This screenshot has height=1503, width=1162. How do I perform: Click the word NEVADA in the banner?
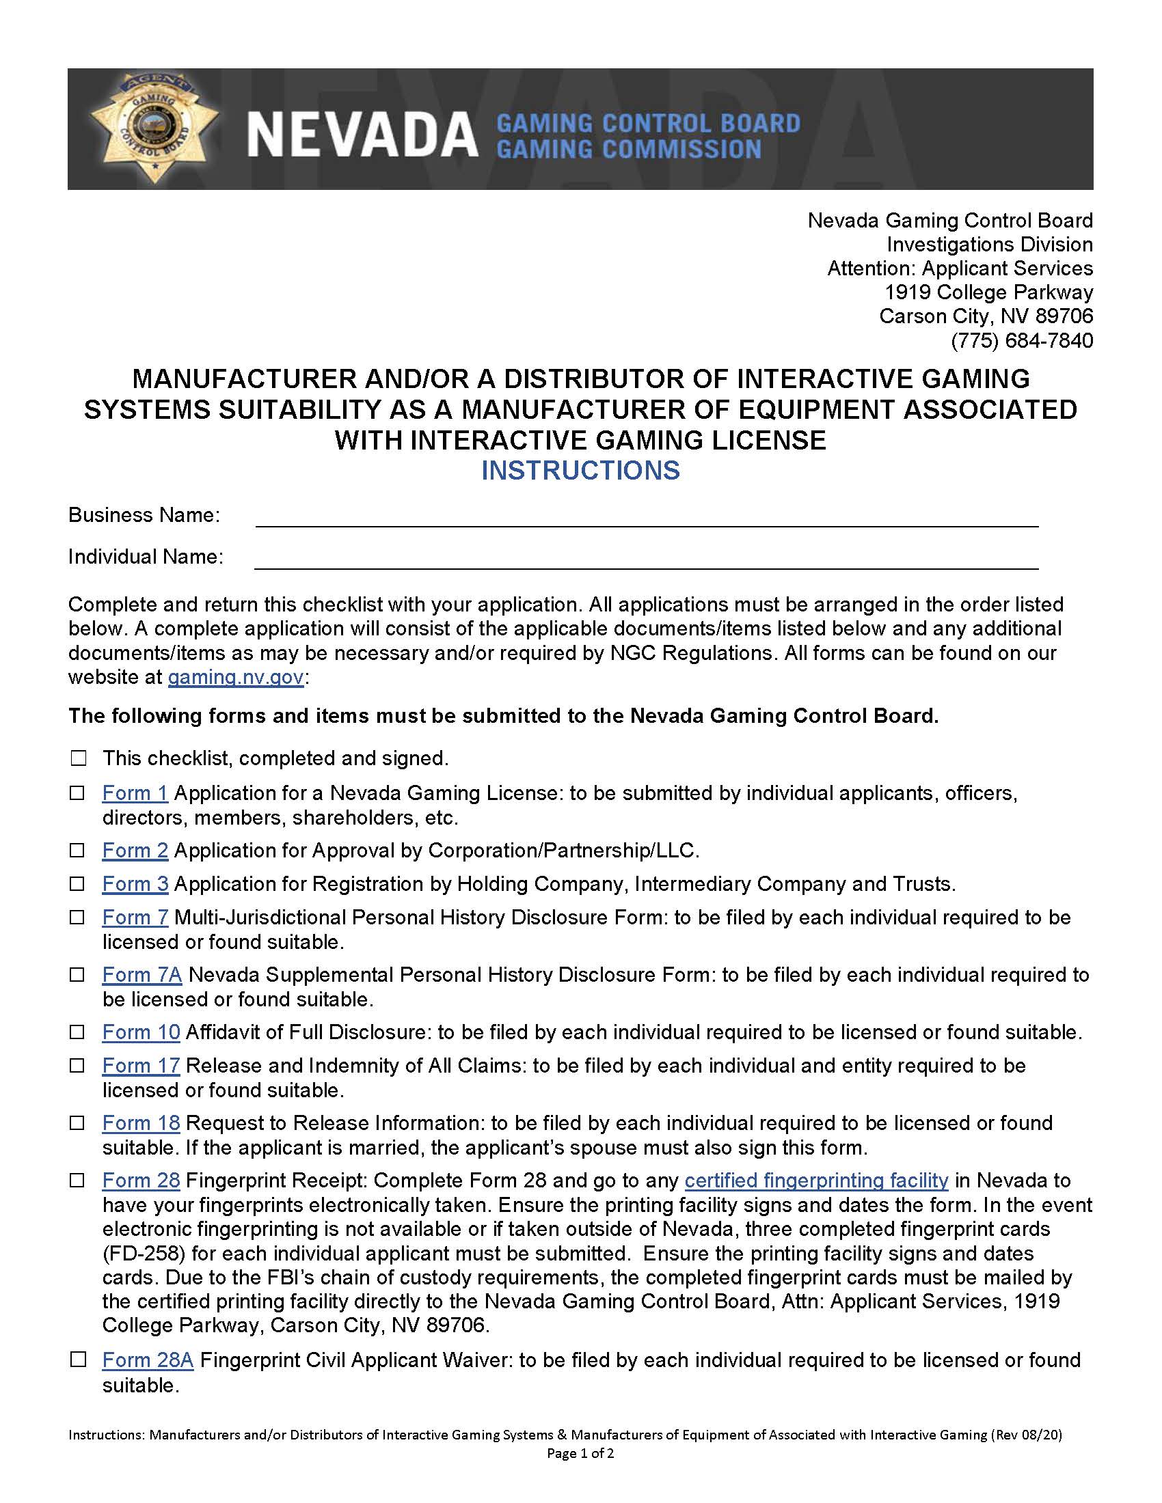pos(362,135)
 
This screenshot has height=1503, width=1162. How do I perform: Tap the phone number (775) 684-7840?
pos(1022,341)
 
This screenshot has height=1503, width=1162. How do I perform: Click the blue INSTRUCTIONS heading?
pos(580,470)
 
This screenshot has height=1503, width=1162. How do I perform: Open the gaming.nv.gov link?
pos(235,676)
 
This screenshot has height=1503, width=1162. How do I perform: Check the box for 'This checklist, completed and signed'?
pos(79,758)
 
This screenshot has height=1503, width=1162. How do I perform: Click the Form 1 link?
pos(135,792)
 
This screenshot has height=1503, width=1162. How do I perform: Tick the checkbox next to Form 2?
pos(79,851)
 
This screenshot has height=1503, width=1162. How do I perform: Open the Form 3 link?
pos(135,883)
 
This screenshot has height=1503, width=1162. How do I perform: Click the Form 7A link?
pos(141,974)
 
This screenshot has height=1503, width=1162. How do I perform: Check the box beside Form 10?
pos(79,1032)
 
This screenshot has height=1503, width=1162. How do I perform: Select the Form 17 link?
pos(141,1065)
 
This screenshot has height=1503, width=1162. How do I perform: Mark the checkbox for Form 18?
pos(79,1123)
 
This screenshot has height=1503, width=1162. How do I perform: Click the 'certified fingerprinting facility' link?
pos(816,1181)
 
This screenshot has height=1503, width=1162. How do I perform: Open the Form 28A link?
pos(148,1360)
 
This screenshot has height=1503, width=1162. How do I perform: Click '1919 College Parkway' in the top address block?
pos(988,292)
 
